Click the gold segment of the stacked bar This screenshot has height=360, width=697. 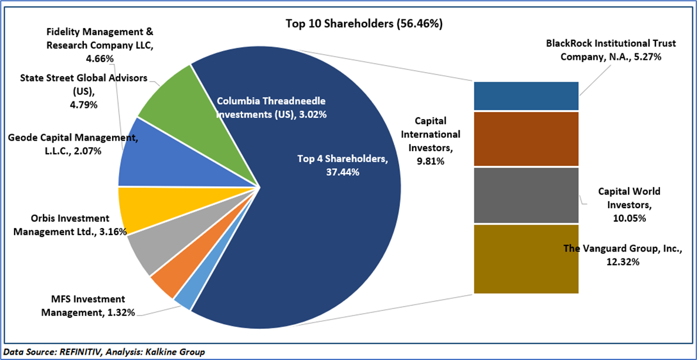(526, 259)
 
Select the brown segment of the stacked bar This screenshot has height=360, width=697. (526, 139)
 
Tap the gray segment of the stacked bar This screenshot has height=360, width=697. (526, 195)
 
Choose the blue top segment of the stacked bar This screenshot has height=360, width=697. (526, 96)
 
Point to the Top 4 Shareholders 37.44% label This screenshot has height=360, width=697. (342, 165)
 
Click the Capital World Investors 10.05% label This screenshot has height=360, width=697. (629, 205)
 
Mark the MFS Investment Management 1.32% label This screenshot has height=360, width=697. (88, 305)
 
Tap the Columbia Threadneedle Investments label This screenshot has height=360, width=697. (271, 107)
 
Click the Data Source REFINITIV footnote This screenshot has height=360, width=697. (103, 352)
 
